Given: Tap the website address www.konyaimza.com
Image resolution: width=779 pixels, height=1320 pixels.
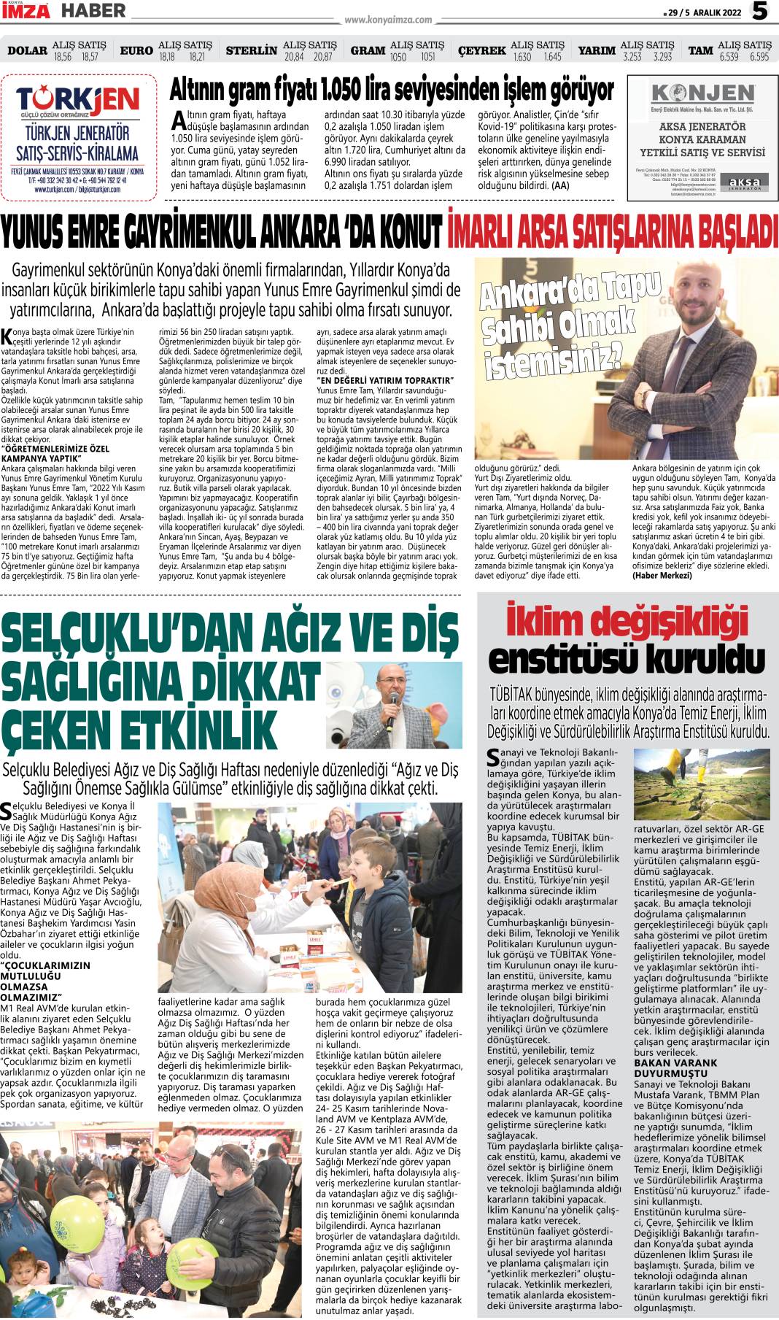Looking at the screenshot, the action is coord(388,20).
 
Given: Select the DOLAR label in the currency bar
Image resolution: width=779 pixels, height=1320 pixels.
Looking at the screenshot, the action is coord(27,51).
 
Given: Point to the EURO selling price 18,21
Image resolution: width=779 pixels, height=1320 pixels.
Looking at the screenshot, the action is coord(197,57).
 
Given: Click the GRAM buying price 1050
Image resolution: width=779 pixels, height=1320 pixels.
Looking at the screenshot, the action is coord(398,57).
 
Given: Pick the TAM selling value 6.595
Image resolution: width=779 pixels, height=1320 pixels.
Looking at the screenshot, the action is coord(753,57).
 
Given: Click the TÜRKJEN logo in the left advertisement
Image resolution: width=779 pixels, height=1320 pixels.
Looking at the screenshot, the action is coord(78,100).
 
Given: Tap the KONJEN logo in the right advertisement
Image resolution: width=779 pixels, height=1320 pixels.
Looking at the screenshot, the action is coord(702,93).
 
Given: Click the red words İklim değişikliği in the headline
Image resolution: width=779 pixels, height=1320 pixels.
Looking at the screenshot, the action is coord(627,622).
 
